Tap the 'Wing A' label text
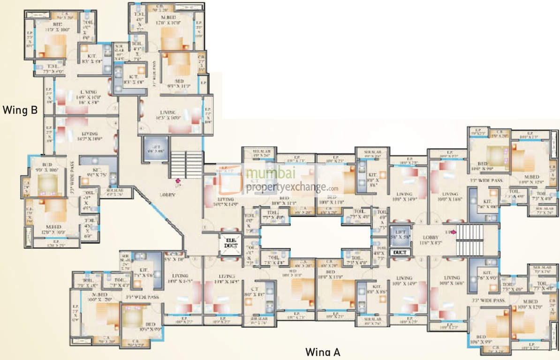tap(323, 352)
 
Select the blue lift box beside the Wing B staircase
tap(155, 149)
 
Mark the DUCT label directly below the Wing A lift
tap(400, 252)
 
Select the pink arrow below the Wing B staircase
tap(178, 181)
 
